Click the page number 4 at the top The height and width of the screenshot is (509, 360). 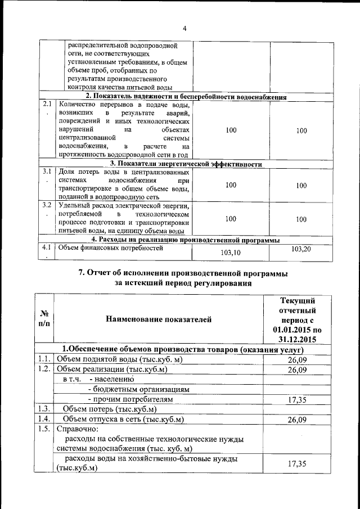tap(184, 29)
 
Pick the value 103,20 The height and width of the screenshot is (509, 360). tap(301, 249)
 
